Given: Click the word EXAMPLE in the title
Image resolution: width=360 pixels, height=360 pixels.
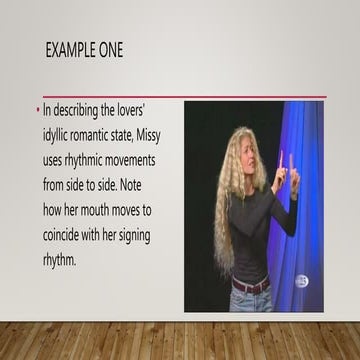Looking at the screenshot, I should (x=74, y=50).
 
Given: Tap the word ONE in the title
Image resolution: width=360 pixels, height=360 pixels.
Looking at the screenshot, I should (x=110, y=50).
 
